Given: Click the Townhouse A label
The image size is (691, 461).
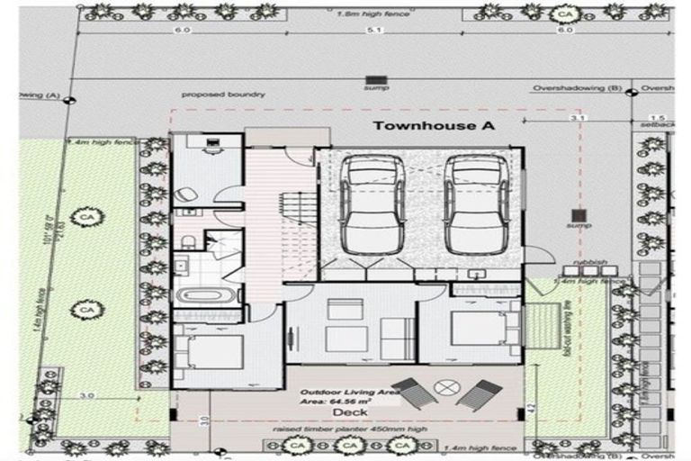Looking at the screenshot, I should coord(434,126).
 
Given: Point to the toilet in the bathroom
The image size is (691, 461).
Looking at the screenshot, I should coord(189,240).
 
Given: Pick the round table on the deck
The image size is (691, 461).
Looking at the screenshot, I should coord(445,387).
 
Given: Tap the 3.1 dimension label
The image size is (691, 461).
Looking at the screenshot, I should coord(579,118).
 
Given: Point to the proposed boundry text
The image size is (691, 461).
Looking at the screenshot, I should coord(222,94).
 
